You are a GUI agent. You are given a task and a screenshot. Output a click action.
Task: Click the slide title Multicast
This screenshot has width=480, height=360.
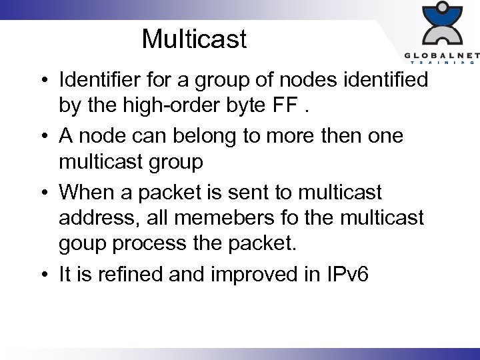(194, 39)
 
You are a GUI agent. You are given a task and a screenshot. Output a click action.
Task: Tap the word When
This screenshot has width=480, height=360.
(86, 193)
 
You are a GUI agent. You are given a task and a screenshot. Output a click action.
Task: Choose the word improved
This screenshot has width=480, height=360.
(246, 275)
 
